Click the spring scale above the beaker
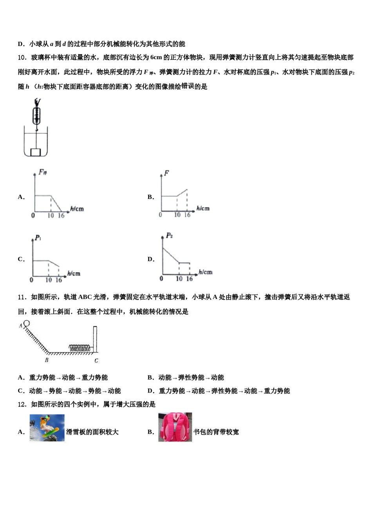point(36,112)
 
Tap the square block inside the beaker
point(36,152)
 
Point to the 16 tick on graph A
point(61,215)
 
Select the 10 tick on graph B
point(177,214)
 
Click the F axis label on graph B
point(166,173)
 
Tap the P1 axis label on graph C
point(38,237)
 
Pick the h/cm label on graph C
point(74,273)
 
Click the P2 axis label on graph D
point(169,235)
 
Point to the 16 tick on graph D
point(189,279)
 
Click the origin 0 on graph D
point(161,279)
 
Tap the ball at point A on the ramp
point(26,323)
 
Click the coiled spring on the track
point(80,347)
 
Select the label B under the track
point(47,360)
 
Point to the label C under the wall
point(96,360)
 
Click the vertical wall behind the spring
point(95,339)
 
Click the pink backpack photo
point(175,427)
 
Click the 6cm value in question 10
point(156,58)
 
